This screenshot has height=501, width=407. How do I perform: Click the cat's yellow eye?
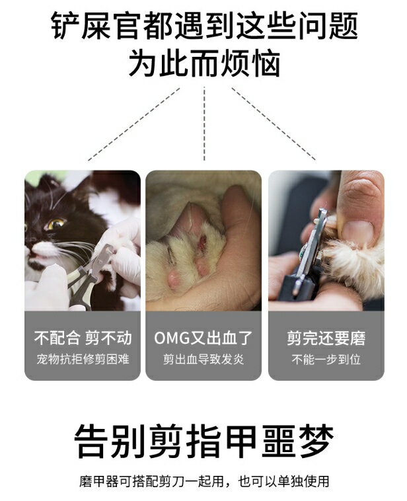click(x=54, y=224)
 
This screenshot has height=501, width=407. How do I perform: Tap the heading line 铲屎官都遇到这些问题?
click(x=203, y=27)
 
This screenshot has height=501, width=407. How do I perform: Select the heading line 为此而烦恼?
click(x=203, y=64)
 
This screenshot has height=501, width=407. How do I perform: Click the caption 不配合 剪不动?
click(x=83, y=338)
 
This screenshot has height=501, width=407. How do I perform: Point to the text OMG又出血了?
click(x=203, y=338)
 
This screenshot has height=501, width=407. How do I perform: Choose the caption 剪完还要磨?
click(x=326, y=338)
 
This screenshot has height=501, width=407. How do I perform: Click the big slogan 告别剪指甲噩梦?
click(x=203, y=440)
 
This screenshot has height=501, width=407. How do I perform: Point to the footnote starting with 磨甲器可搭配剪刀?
click(x=203, y=481)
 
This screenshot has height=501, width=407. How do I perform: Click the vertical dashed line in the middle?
click(x=204, y=122)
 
